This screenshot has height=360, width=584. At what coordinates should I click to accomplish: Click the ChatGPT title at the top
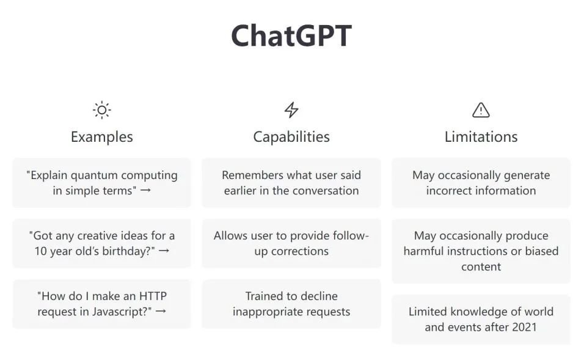(x=291, y=36)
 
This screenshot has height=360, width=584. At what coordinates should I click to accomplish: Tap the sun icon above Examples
(x=101, y=110)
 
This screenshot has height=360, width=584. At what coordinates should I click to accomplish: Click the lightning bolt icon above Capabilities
(x=291, y=110)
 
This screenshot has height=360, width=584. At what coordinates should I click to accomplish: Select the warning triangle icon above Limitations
(x=481, y=110)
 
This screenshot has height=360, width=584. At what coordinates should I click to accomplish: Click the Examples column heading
(x=101, y=137)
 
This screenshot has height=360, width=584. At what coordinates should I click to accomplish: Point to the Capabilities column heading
(x=291, y=137)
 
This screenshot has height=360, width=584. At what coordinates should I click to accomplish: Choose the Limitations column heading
(x=481, y=137)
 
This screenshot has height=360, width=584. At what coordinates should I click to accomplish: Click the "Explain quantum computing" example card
(x=101, y=183)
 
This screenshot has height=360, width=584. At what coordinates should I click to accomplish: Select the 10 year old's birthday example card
(x=101, y=243)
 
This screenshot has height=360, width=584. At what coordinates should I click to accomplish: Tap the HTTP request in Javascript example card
(x=101, y=304)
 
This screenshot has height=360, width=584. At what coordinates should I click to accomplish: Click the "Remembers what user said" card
(x=291, y=183)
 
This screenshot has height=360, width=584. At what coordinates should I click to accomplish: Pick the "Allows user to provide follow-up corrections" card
(x=291, y=243)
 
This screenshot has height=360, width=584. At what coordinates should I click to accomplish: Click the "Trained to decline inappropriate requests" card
(x=291, y=304)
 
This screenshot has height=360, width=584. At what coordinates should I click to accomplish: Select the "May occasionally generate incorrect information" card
(x=481, y=183)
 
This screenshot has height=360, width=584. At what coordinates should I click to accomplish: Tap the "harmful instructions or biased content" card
(x=481, y=251)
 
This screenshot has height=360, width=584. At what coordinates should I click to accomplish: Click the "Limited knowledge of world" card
(x=481, y=319)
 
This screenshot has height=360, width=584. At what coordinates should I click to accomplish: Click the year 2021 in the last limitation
(x=524, y=327)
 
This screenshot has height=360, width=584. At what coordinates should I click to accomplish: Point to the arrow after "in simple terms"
(x=145, y=190)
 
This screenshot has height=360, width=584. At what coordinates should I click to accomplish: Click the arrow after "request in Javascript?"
(x=161, y=311)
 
